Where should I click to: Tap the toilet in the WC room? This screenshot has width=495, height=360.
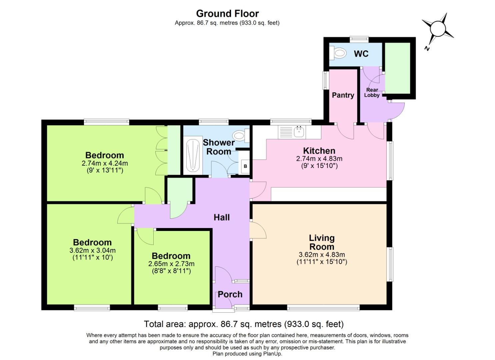337,53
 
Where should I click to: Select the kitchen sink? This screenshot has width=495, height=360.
299,132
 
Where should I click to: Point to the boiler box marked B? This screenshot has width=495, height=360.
245,166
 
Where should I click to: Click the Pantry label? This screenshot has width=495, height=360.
343,95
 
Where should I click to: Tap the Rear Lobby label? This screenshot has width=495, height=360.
372,92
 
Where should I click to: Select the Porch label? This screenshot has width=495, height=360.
230,294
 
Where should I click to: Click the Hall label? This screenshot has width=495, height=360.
222,217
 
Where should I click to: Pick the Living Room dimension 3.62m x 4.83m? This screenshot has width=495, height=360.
322,255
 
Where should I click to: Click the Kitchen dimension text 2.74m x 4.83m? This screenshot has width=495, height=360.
319,159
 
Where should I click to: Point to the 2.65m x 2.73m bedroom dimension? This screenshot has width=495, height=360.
171,264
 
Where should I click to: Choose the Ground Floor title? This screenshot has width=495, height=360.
227,14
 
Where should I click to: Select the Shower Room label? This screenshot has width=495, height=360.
219,147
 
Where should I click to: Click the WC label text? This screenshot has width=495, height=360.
361,54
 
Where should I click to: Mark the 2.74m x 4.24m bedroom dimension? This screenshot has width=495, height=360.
105,163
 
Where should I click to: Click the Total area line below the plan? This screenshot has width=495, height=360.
243,324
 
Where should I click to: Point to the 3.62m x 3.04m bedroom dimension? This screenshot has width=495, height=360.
92,250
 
